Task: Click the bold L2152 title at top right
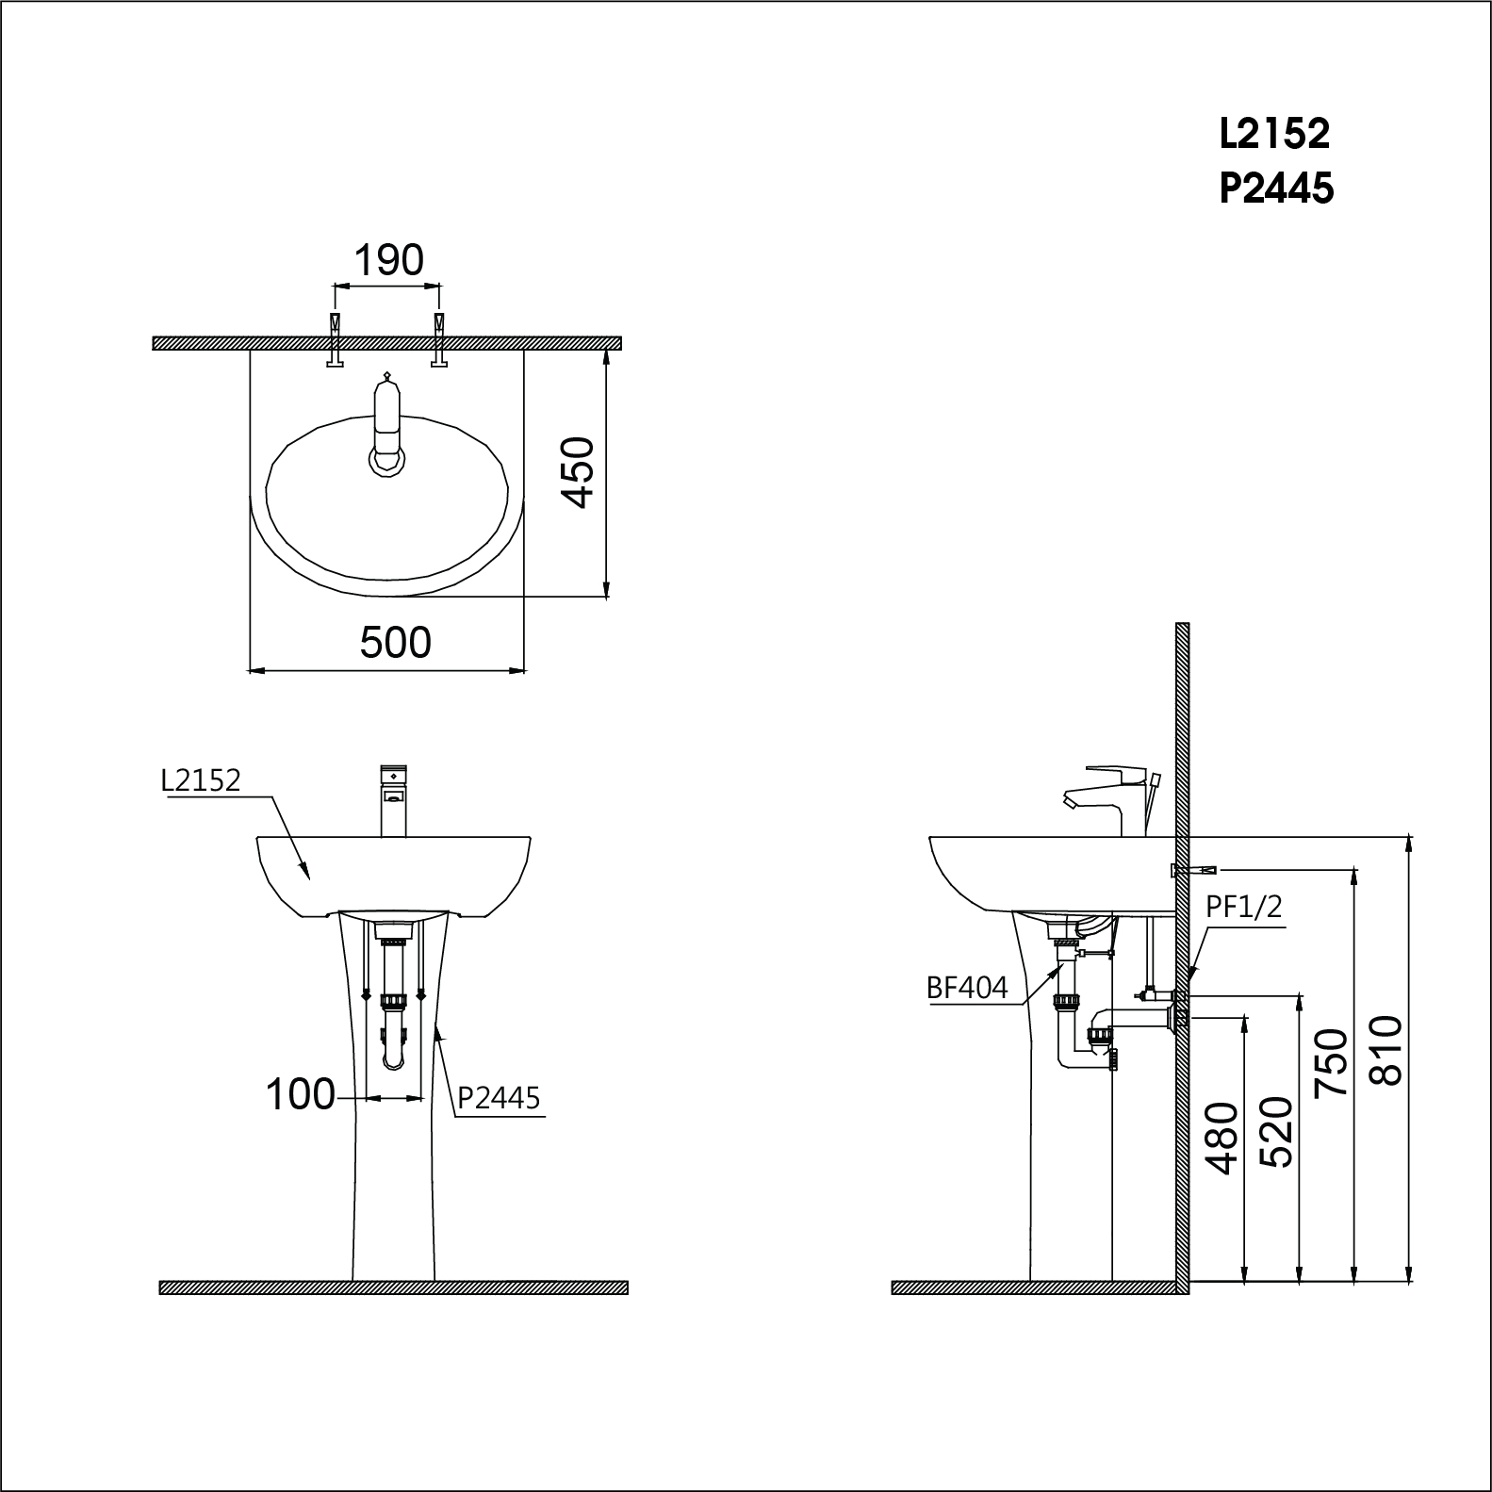point(1274,134)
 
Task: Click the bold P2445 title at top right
point(1276,189)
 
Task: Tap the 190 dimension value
point(388,260)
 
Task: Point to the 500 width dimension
point(395,643)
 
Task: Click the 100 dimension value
point(301,1095)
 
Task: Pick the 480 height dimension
point(1222,1139)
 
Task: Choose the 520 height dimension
point(1276,1131)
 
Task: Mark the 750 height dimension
point(1330,1063)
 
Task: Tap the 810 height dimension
point(1385,1050)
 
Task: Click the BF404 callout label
point(967,988)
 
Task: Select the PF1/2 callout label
point(1243,907)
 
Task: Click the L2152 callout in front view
point(201,780)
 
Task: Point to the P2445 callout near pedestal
point(499,1098)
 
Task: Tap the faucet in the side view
point(1112,796)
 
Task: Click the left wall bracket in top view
point(335,339)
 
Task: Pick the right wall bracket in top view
point(438,339)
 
